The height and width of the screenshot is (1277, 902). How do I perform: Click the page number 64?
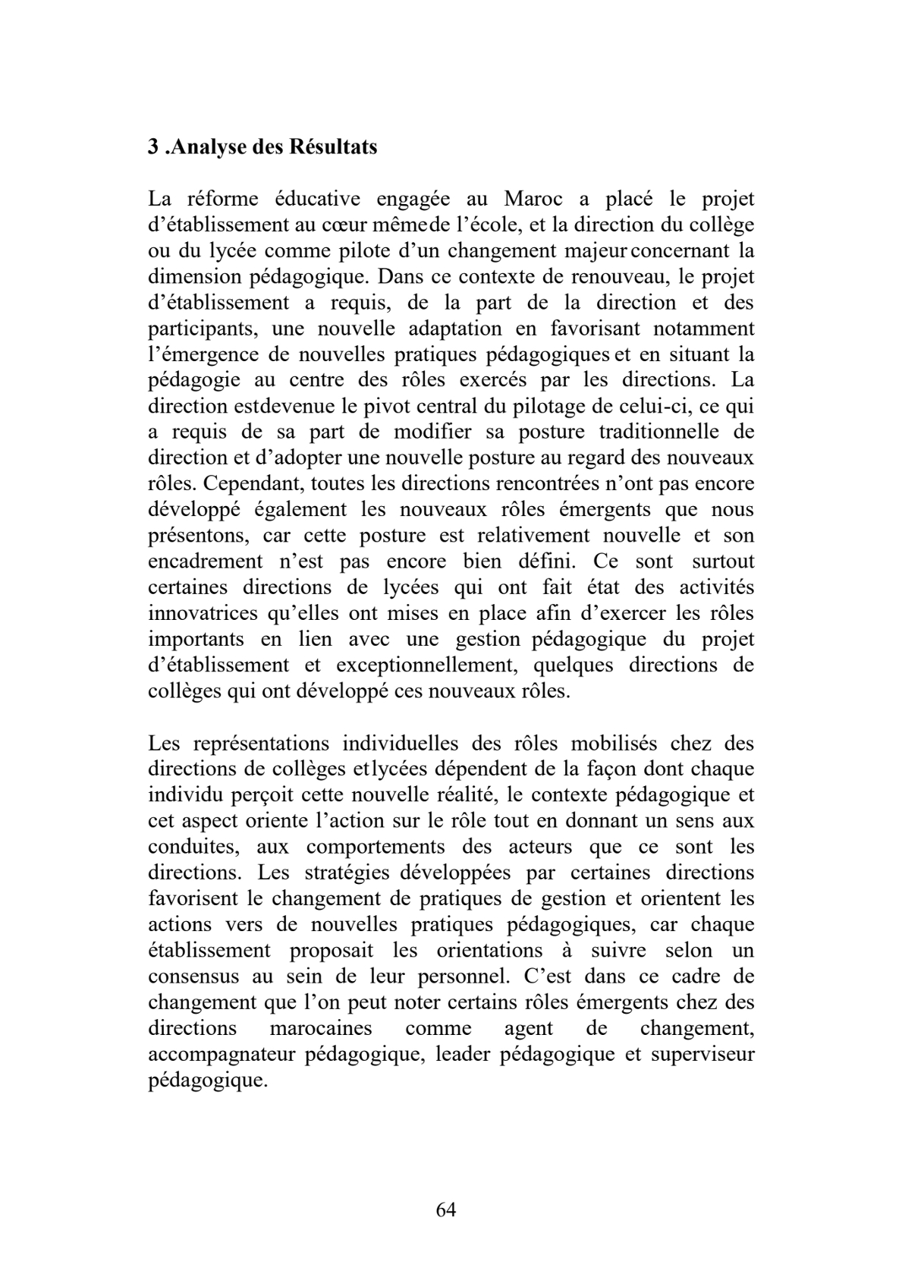[x=446, y=1209]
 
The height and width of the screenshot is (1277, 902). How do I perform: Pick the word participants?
[x=195, y=329]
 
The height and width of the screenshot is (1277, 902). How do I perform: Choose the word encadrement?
[x=201, y=561]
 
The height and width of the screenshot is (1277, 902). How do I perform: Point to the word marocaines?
[x=320, y=1028]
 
